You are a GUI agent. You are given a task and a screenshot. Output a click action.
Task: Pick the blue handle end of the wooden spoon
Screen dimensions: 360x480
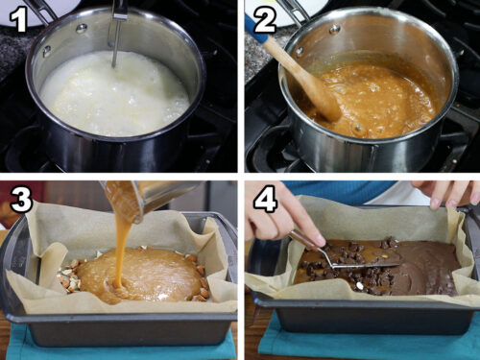[x=252, y=21]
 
